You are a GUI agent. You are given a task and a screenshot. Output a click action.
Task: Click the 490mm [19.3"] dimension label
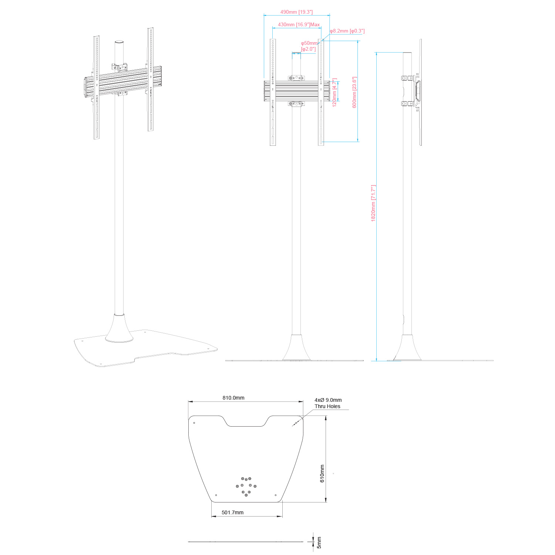click(x=296, y=12)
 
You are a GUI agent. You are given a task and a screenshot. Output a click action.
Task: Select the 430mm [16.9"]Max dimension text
click(x=299, y=25)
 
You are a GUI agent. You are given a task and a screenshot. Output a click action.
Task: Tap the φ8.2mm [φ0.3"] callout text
click(x=347, y=31)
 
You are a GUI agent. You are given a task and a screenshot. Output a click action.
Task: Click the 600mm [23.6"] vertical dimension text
click(x=354, y=92)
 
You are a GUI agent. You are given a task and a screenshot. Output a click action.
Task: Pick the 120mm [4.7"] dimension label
click(x=334, y=92)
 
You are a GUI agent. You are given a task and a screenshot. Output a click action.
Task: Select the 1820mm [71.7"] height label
click(x=373, y=203)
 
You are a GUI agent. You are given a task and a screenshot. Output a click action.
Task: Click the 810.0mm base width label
click(x=233, y=398)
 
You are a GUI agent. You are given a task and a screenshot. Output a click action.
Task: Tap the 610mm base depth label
click(x=322, y=474)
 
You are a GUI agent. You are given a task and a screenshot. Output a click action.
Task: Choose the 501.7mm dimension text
click(x=233, y=512)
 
